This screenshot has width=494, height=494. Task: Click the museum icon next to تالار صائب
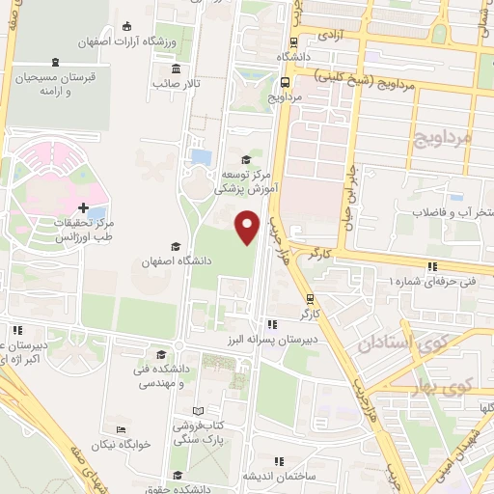(x=176, y=69)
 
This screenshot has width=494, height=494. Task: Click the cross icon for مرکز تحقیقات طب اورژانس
(x=85, y=207)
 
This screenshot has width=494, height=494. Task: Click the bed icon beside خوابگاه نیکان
(x=120, y=430)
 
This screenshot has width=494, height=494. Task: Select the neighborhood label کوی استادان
(x=396, y=343)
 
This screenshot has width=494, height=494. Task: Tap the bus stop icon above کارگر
(x=310, y=299)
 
